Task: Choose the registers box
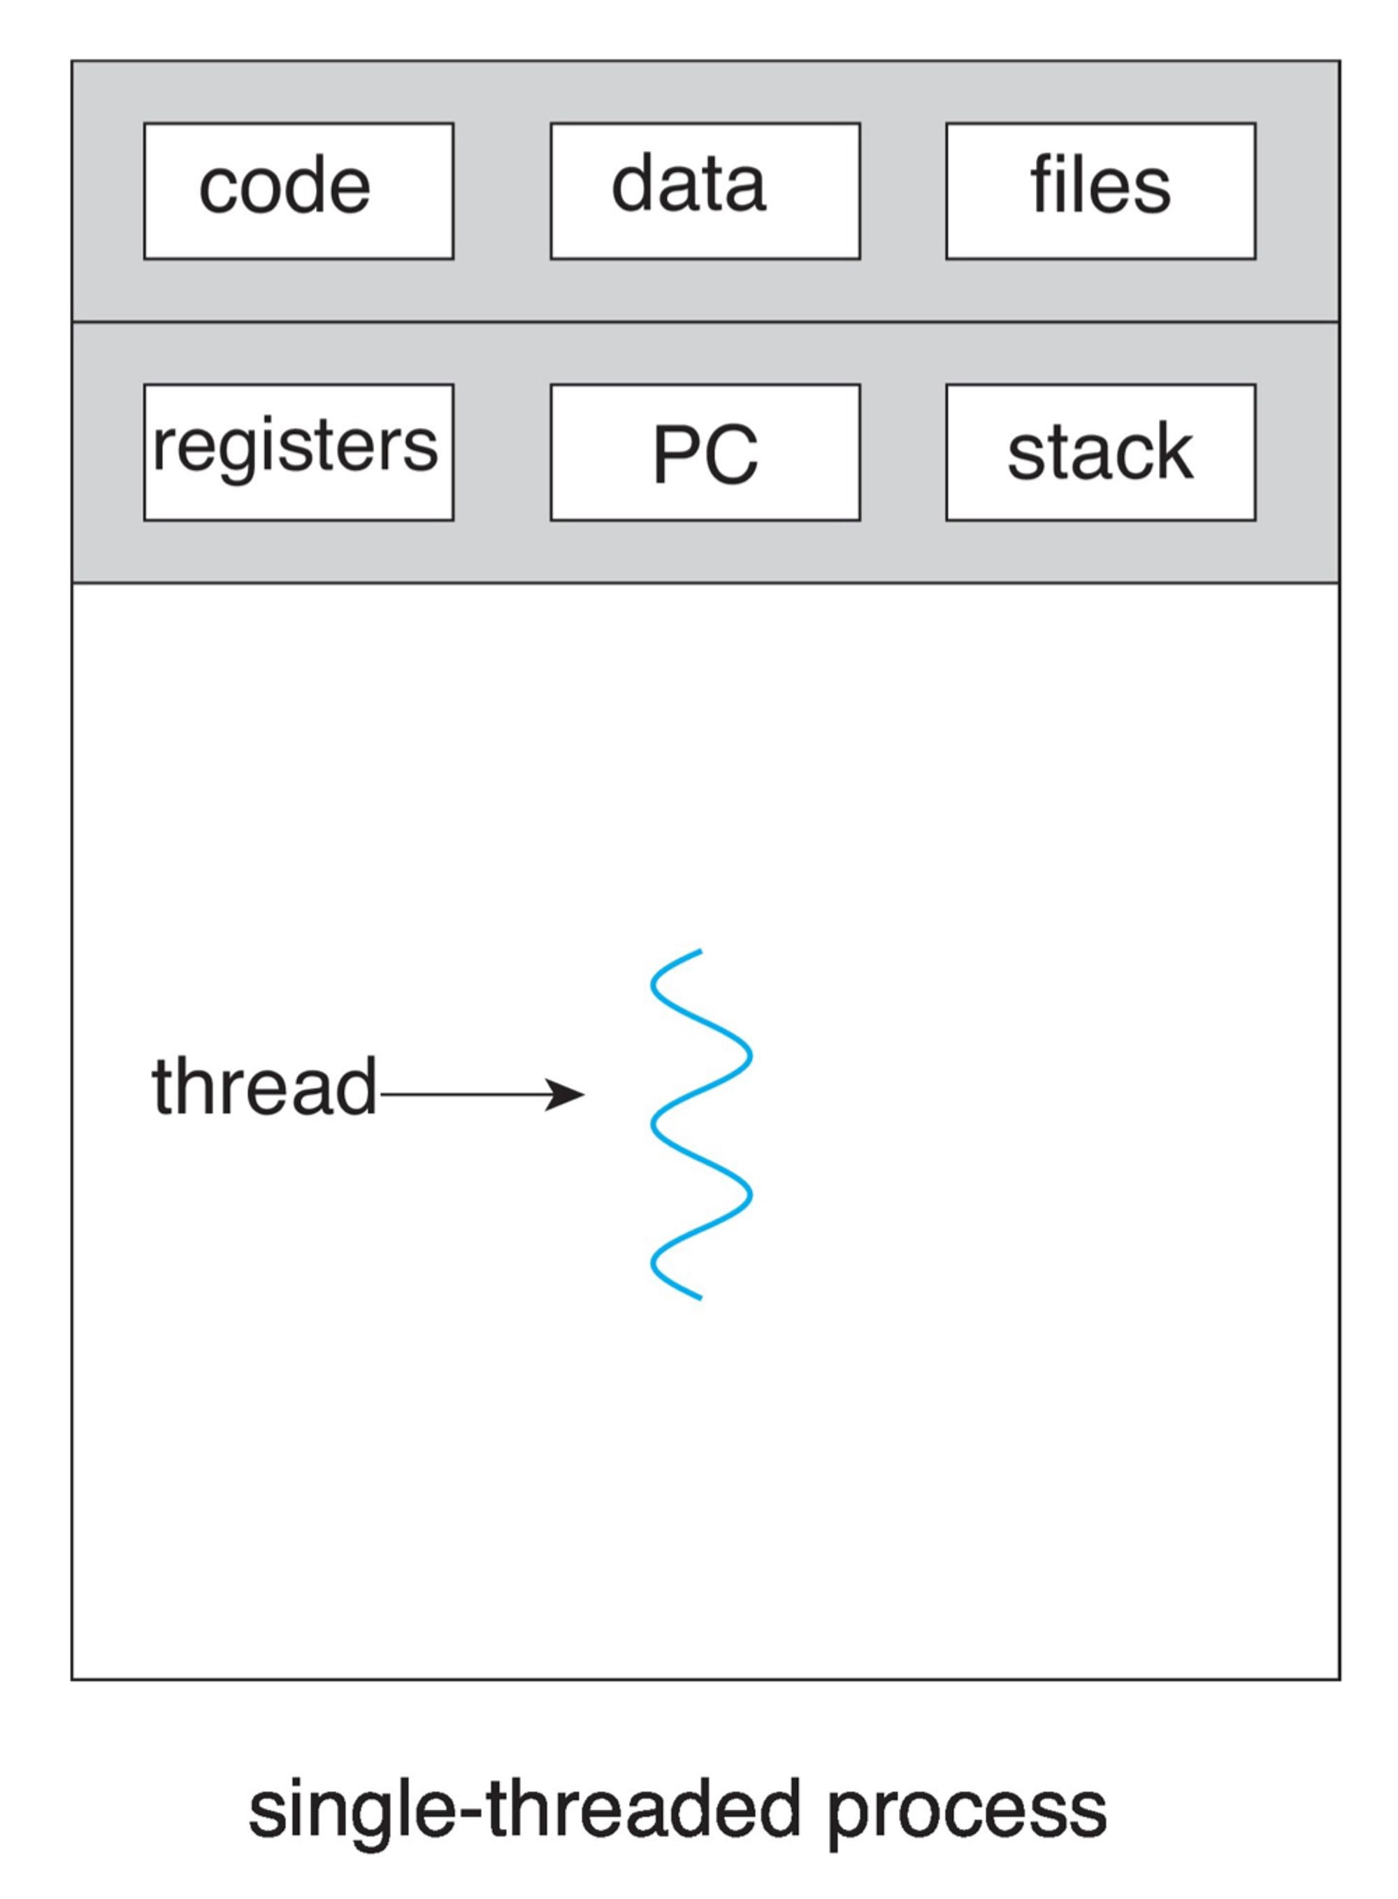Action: pos(298,452)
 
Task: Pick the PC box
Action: pos(705,452)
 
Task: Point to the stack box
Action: pos(1100,452)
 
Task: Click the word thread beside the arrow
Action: pos(264,1087)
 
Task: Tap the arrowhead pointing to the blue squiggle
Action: pos(565,1094)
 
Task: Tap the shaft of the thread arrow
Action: pos(466,1094)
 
